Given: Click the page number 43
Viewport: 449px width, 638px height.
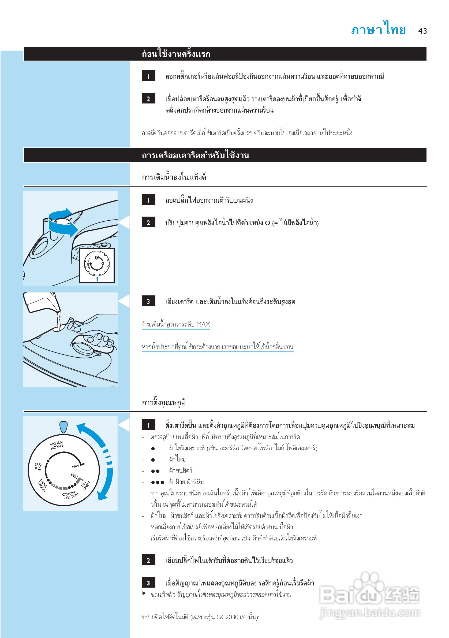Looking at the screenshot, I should [x=422, y=31].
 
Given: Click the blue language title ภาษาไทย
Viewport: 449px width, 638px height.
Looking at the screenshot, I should [x=378, y=29].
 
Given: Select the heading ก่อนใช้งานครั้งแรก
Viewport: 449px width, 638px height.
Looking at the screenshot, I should [x=176, y=54].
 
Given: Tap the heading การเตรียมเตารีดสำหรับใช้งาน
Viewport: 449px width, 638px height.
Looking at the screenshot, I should [x=195, y=155].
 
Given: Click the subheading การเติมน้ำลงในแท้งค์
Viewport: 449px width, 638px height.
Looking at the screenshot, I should [x=174, y=177].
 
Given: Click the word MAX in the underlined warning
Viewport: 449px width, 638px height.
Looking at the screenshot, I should [x=203, y=324].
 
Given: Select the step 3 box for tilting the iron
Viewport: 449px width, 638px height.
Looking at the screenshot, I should [x=148, y=301].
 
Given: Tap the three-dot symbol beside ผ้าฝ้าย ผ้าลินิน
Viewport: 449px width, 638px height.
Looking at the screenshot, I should [x=158, y=482].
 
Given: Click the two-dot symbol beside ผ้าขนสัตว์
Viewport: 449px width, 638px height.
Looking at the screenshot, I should [x=155, y=471].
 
